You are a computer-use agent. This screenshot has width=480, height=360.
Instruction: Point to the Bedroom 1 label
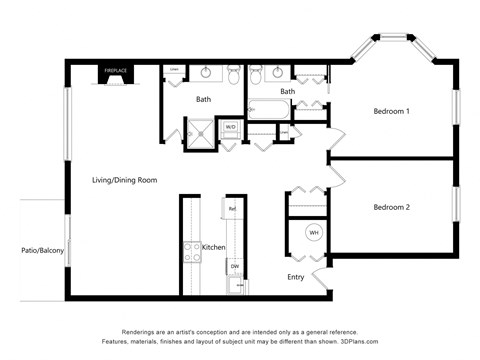pyautogui.click(x=392, y=111)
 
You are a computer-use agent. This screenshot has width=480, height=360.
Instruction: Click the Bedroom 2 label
pyautogui.click(x=392, y=207)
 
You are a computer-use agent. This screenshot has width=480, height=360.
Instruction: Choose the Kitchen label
pyautogui.click(x=214, y=247)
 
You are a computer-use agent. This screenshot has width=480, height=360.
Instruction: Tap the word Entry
pyautogui.click(x=297, y=277)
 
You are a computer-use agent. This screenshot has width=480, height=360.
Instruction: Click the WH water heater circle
pyautogui.click(x=314, y=233)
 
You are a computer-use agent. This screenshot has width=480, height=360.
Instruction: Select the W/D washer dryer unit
pyautogui.click(x=230, y=127)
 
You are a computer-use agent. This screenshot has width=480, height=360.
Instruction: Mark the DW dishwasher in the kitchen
pyautogui.click(x=234, y=266)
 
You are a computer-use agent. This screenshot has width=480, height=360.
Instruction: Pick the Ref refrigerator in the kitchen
pyautogui.click(x=232, y=209)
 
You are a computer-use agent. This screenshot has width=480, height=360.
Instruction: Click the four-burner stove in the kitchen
pyautogui.click(x=189, y=251)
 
